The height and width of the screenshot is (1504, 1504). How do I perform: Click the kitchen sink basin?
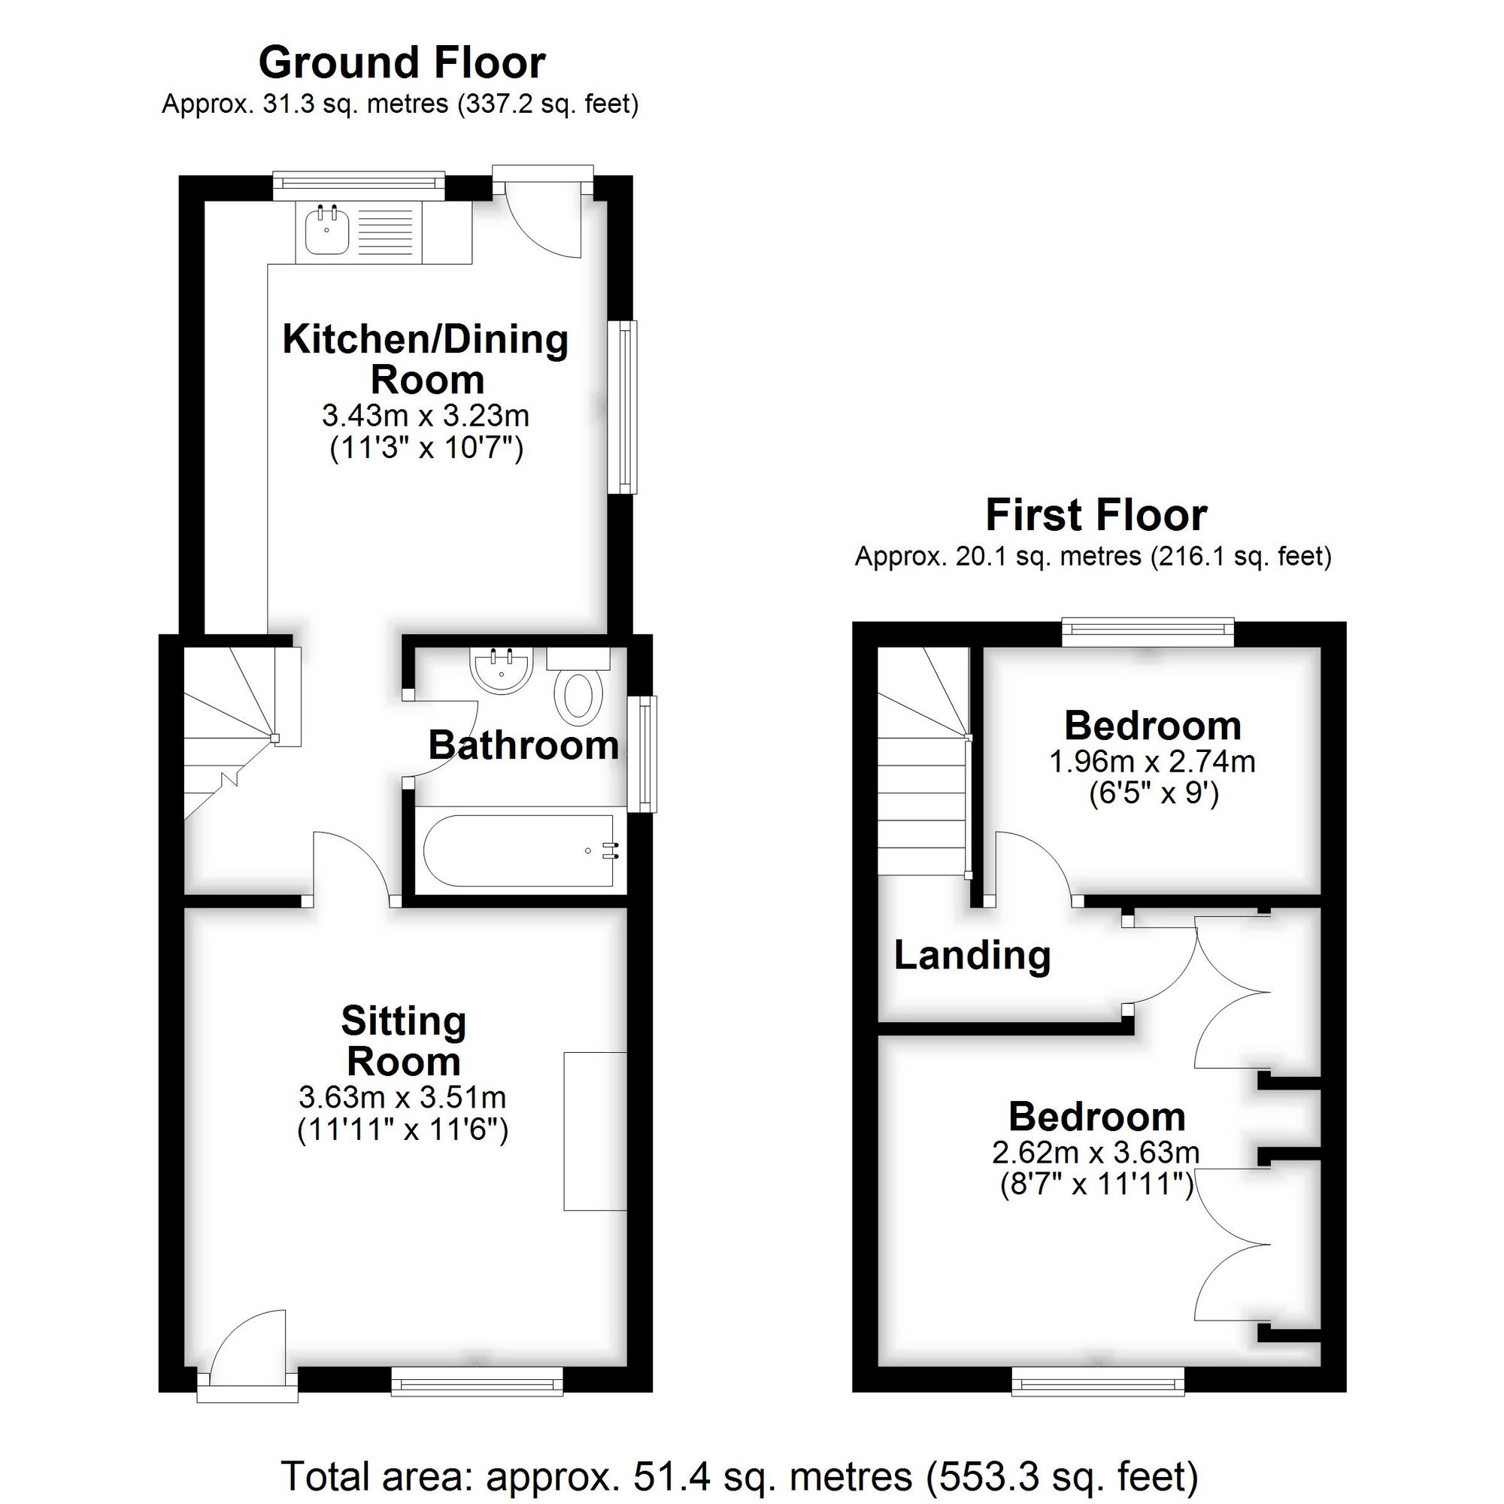click(x=327, y=231)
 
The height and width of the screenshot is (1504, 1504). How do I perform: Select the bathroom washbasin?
click(x=502, y=671)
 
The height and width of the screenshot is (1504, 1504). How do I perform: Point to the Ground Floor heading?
click(x=402, y=63)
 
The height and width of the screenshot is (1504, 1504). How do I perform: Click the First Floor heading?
click(x=1096, y=515)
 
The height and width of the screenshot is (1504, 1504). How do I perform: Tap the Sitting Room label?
click(x=403, y=1042)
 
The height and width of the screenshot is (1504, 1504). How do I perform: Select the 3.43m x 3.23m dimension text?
click(x=426, y=416)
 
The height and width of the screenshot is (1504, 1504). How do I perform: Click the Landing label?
click(x=972, y=955)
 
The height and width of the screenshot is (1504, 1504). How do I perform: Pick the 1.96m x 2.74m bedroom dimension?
click(x=1152, y=761)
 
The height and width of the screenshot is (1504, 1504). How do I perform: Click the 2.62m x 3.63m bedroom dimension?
click(x=1096, y=1152)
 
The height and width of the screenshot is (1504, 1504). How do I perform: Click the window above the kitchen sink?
click(x=359, y=183)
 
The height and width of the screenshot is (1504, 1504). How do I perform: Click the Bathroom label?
click(x=523, y=746)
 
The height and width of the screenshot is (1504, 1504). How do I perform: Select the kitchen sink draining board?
click(x=387, y=232)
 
